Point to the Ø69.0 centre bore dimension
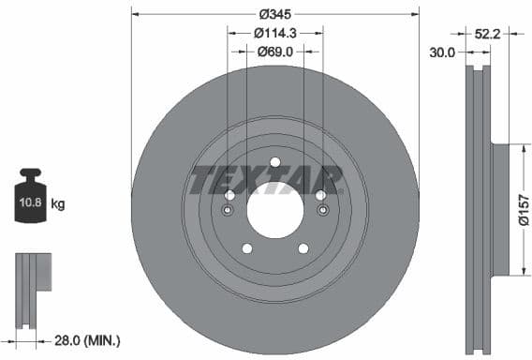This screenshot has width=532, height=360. click(x=274, y=52)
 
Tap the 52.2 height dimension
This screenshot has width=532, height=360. click(x=486, y=34)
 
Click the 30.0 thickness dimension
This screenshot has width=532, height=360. click(x=442, y=52)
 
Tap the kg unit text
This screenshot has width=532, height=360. click(x=58, y=203)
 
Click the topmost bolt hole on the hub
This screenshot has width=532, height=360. click(x=275, y=162)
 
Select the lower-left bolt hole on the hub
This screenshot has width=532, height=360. click(x=247, y=248)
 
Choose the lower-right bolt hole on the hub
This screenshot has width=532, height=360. click(x=303, y=248)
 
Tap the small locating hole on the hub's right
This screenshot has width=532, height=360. click(x=321, y=211)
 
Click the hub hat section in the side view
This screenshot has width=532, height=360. click(x=499, y=209)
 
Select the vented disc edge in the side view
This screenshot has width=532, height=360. click(x=477, y=210)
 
